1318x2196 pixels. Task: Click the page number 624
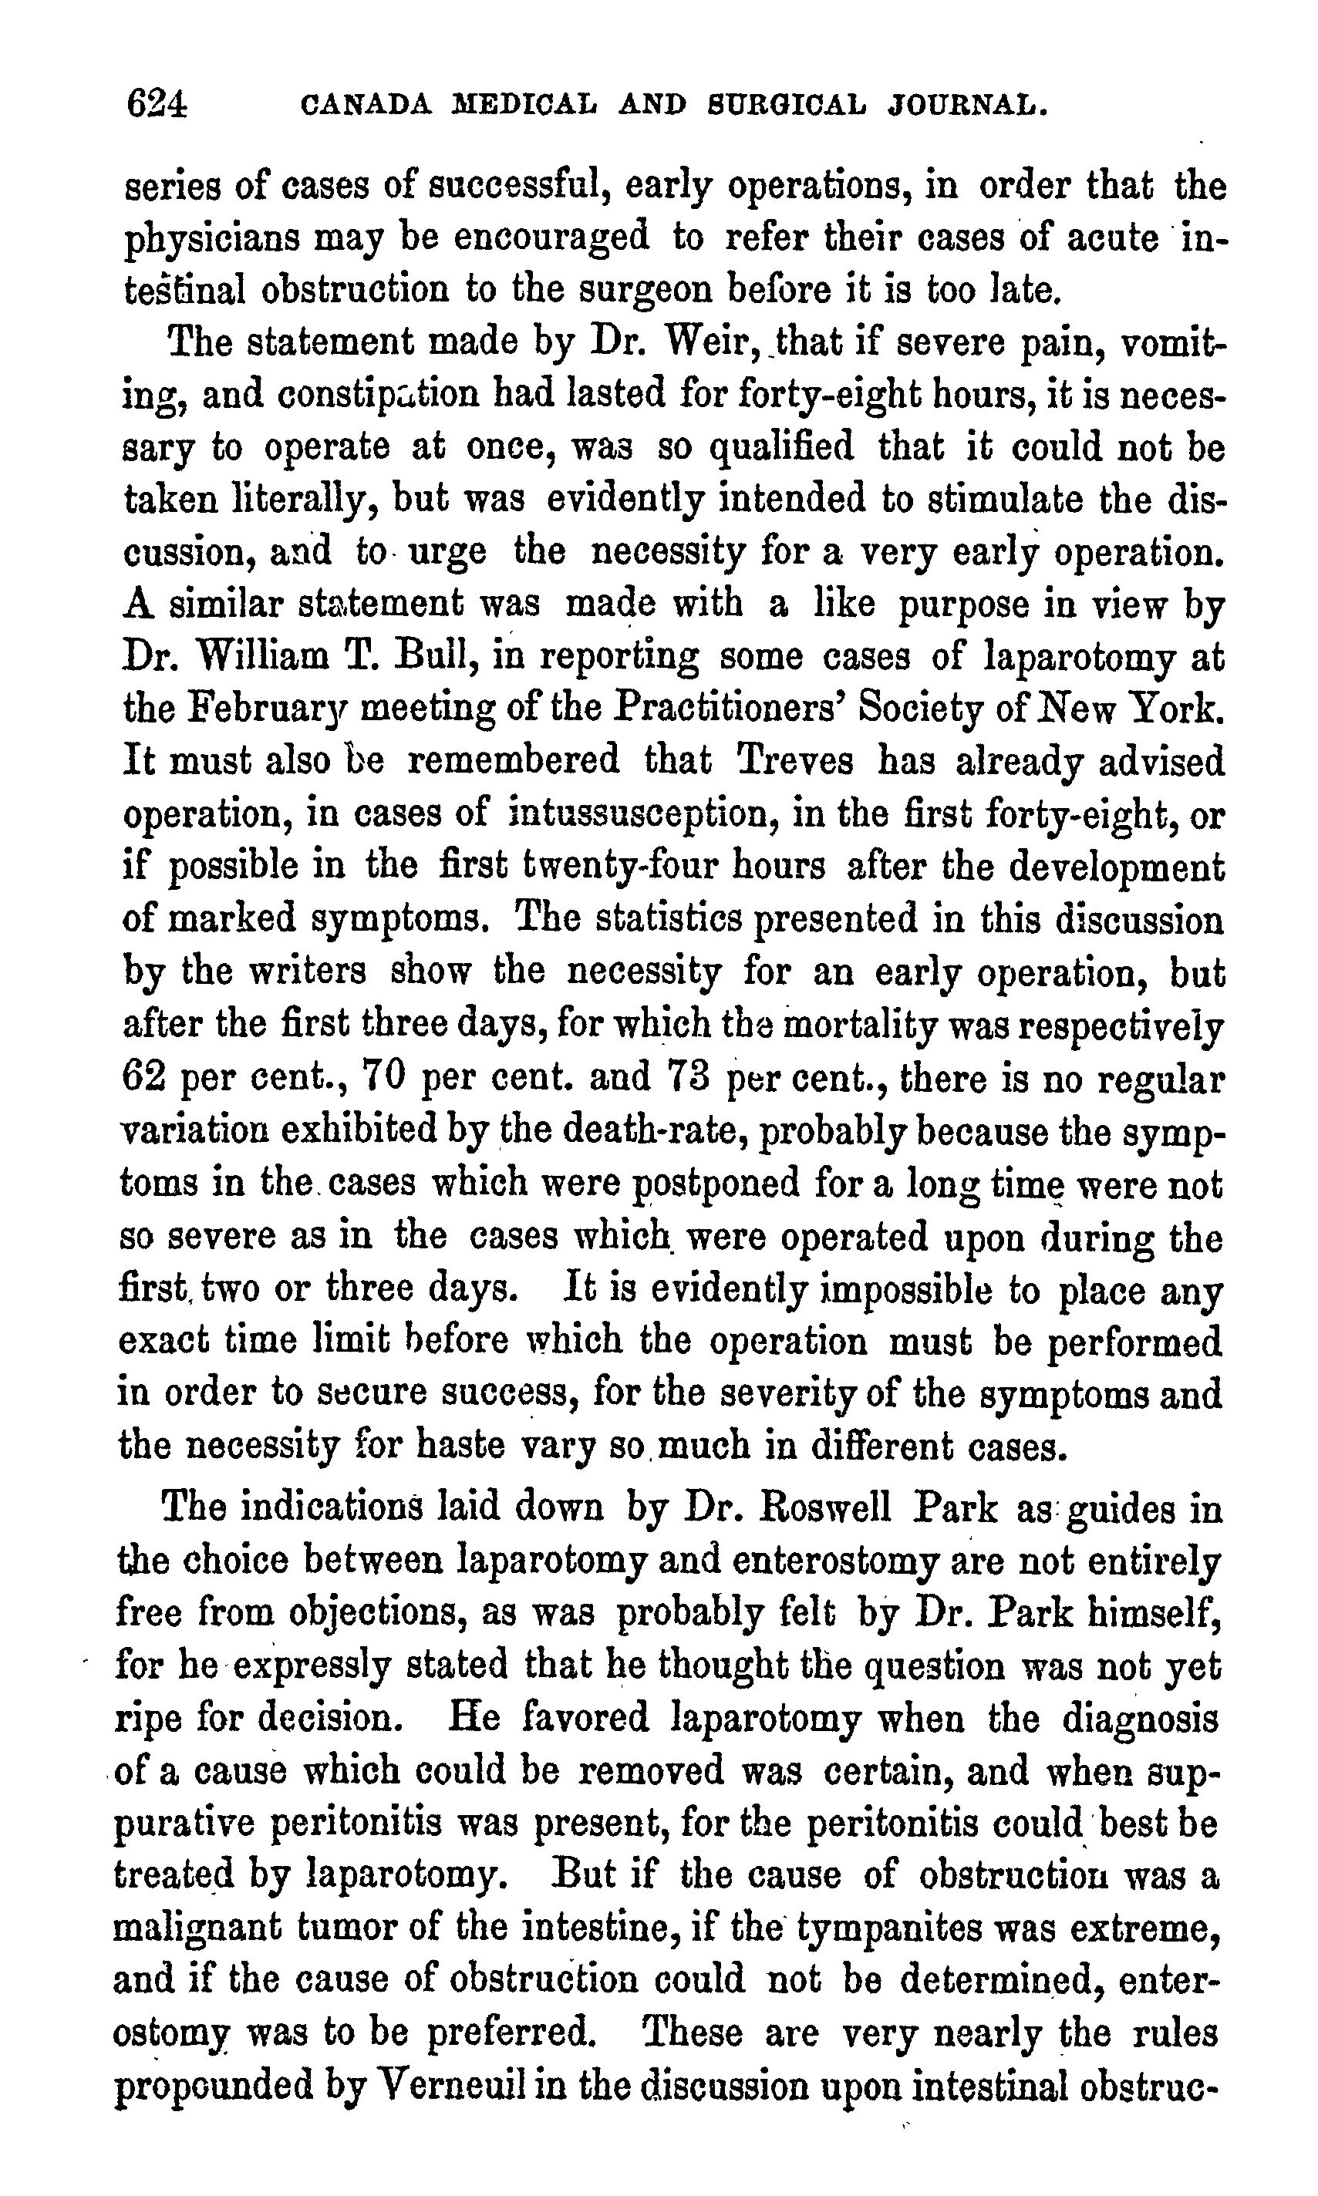point(157,105)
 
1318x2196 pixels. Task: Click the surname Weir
point(709,342)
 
